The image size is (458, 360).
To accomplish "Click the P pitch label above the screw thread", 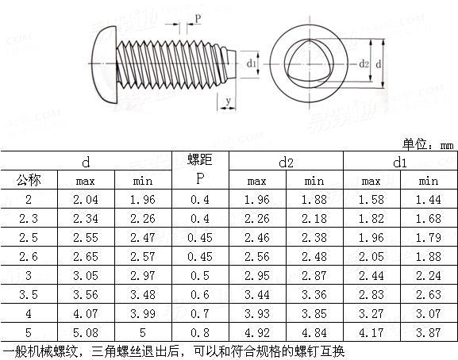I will [197, 17].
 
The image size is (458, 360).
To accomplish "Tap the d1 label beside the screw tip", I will [251, 63].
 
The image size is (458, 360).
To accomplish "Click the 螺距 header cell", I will [200, 161].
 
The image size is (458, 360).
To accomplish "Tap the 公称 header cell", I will [29, 180].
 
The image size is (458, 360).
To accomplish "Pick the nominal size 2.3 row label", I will [29, 218].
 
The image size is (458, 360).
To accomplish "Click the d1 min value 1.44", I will [428, 199].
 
